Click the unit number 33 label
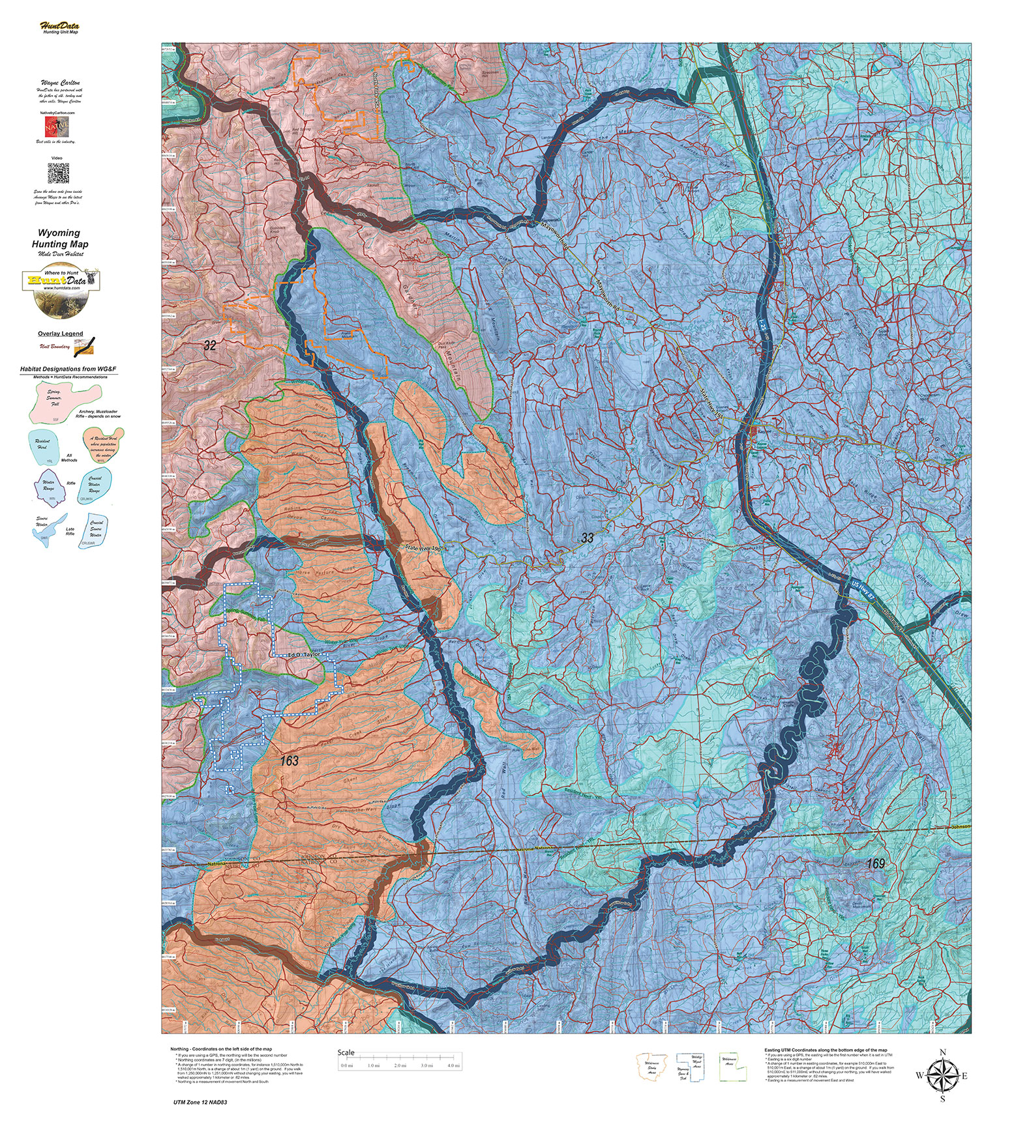tap(588, 538)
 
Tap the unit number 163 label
tap(290, 760)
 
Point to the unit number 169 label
tap(876, 863)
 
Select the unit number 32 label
tap(209, 345)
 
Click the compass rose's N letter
tap(942, 1052)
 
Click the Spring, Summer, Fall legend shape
tap(63, 399)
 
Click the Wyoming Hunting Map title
tap(59, 238)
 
